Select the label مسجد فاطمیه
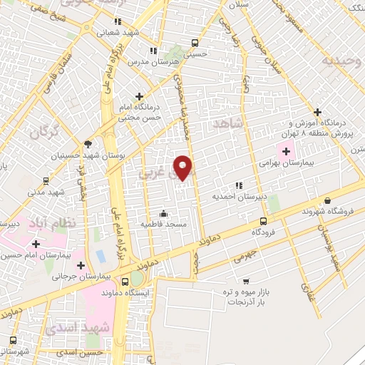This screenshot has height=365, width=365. [x=163, y=225]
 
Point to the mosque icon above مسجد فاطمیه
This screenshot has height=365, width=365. [x=164, y=212]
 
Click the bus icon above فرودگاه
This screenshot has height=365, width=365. [x=264, y=221]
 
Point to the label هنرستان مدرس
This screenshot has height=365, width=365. [x=153, y=63]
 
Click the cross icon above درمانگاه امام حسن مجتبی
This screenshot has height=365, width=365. [x=139, y=96]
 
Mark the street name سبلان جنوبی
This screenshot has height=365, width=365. [x=265, y=68]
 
